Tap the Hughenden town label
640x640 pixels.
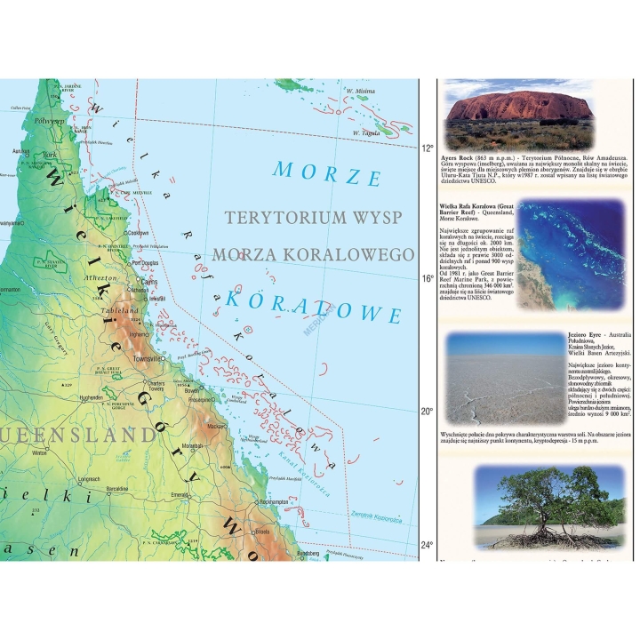(x=91, y=397)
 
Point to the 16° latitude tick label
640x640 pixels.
(x=428, y=278)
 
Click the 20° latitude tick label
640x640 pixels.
(x=428, y=412)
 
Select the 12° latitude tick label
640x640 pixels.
(x=428, y=148)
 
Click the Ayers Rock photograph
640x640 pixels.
(x=519, y=114)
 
